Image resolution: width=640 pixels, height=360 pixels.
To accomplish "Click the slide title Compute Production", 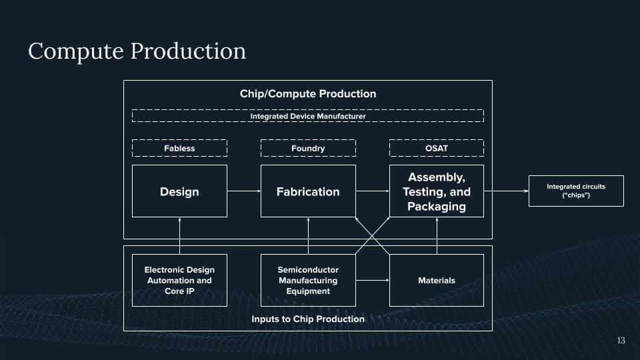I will click(x=137, y=51).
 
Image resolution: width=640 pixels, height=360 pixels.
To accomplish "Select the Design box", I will click(x=179, y=191).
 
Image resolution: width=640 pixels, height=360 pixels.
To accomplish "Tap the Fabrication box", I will click(x=308, y=191).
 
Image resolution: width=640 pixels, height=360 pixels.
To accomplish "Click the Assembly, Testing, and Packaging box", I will click(x=437, y=191).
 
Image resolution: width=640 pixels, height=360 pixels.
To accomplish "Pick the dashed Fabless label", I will click(x=179, y=148).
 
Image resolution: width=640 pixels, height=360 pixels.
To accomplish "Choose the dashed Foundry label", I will click(x=308, y=148).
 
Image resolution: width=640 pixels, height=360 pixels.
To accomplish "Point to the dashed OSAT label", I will click(x=437, y=148).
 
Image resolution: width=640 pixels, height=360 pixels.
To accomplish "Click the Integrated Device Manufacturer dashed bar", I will click(x=308, y=116).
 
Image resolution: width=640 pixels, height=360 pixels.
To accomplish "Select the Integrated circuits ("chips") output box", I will click(x=576, y=191).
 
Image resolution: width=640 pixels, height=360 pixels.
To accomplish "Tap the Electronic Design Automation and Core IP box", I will click(x=179, y=280).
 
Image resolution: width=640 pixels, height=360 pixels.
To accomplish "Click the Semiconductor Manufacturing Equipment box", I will click(x=308, y=280).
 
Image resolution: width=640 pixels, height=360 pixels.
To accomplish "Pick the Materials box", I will click(x=437, y=280).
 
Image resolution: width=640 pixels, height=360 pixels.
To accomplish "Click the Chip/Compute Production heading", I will click(x=308, y=93).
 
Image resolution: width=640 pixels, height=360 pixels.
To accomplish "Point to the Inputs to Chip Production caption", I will click(x=308, y=319).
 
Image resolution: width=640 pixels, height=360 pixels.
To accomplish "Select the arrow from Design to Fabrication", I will click(x=243, y=191).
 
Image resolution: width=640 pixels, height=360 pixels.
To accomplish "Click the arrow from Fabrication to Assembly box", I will click(x=372, y=191).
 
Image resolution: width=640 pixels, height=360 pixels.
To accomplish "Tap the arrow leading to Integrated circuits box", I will click(x=506, y=191).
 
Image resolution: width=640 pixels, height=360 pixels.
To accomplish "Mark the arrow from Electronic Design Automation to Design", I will click(x=179, y=235).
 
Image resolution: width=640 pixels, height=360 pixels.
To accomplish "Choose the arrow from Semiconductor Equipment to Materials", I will click(x=372, y=280).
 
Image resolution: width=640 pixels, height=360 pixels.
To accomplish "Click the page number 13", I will click(x=621, y=341).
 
